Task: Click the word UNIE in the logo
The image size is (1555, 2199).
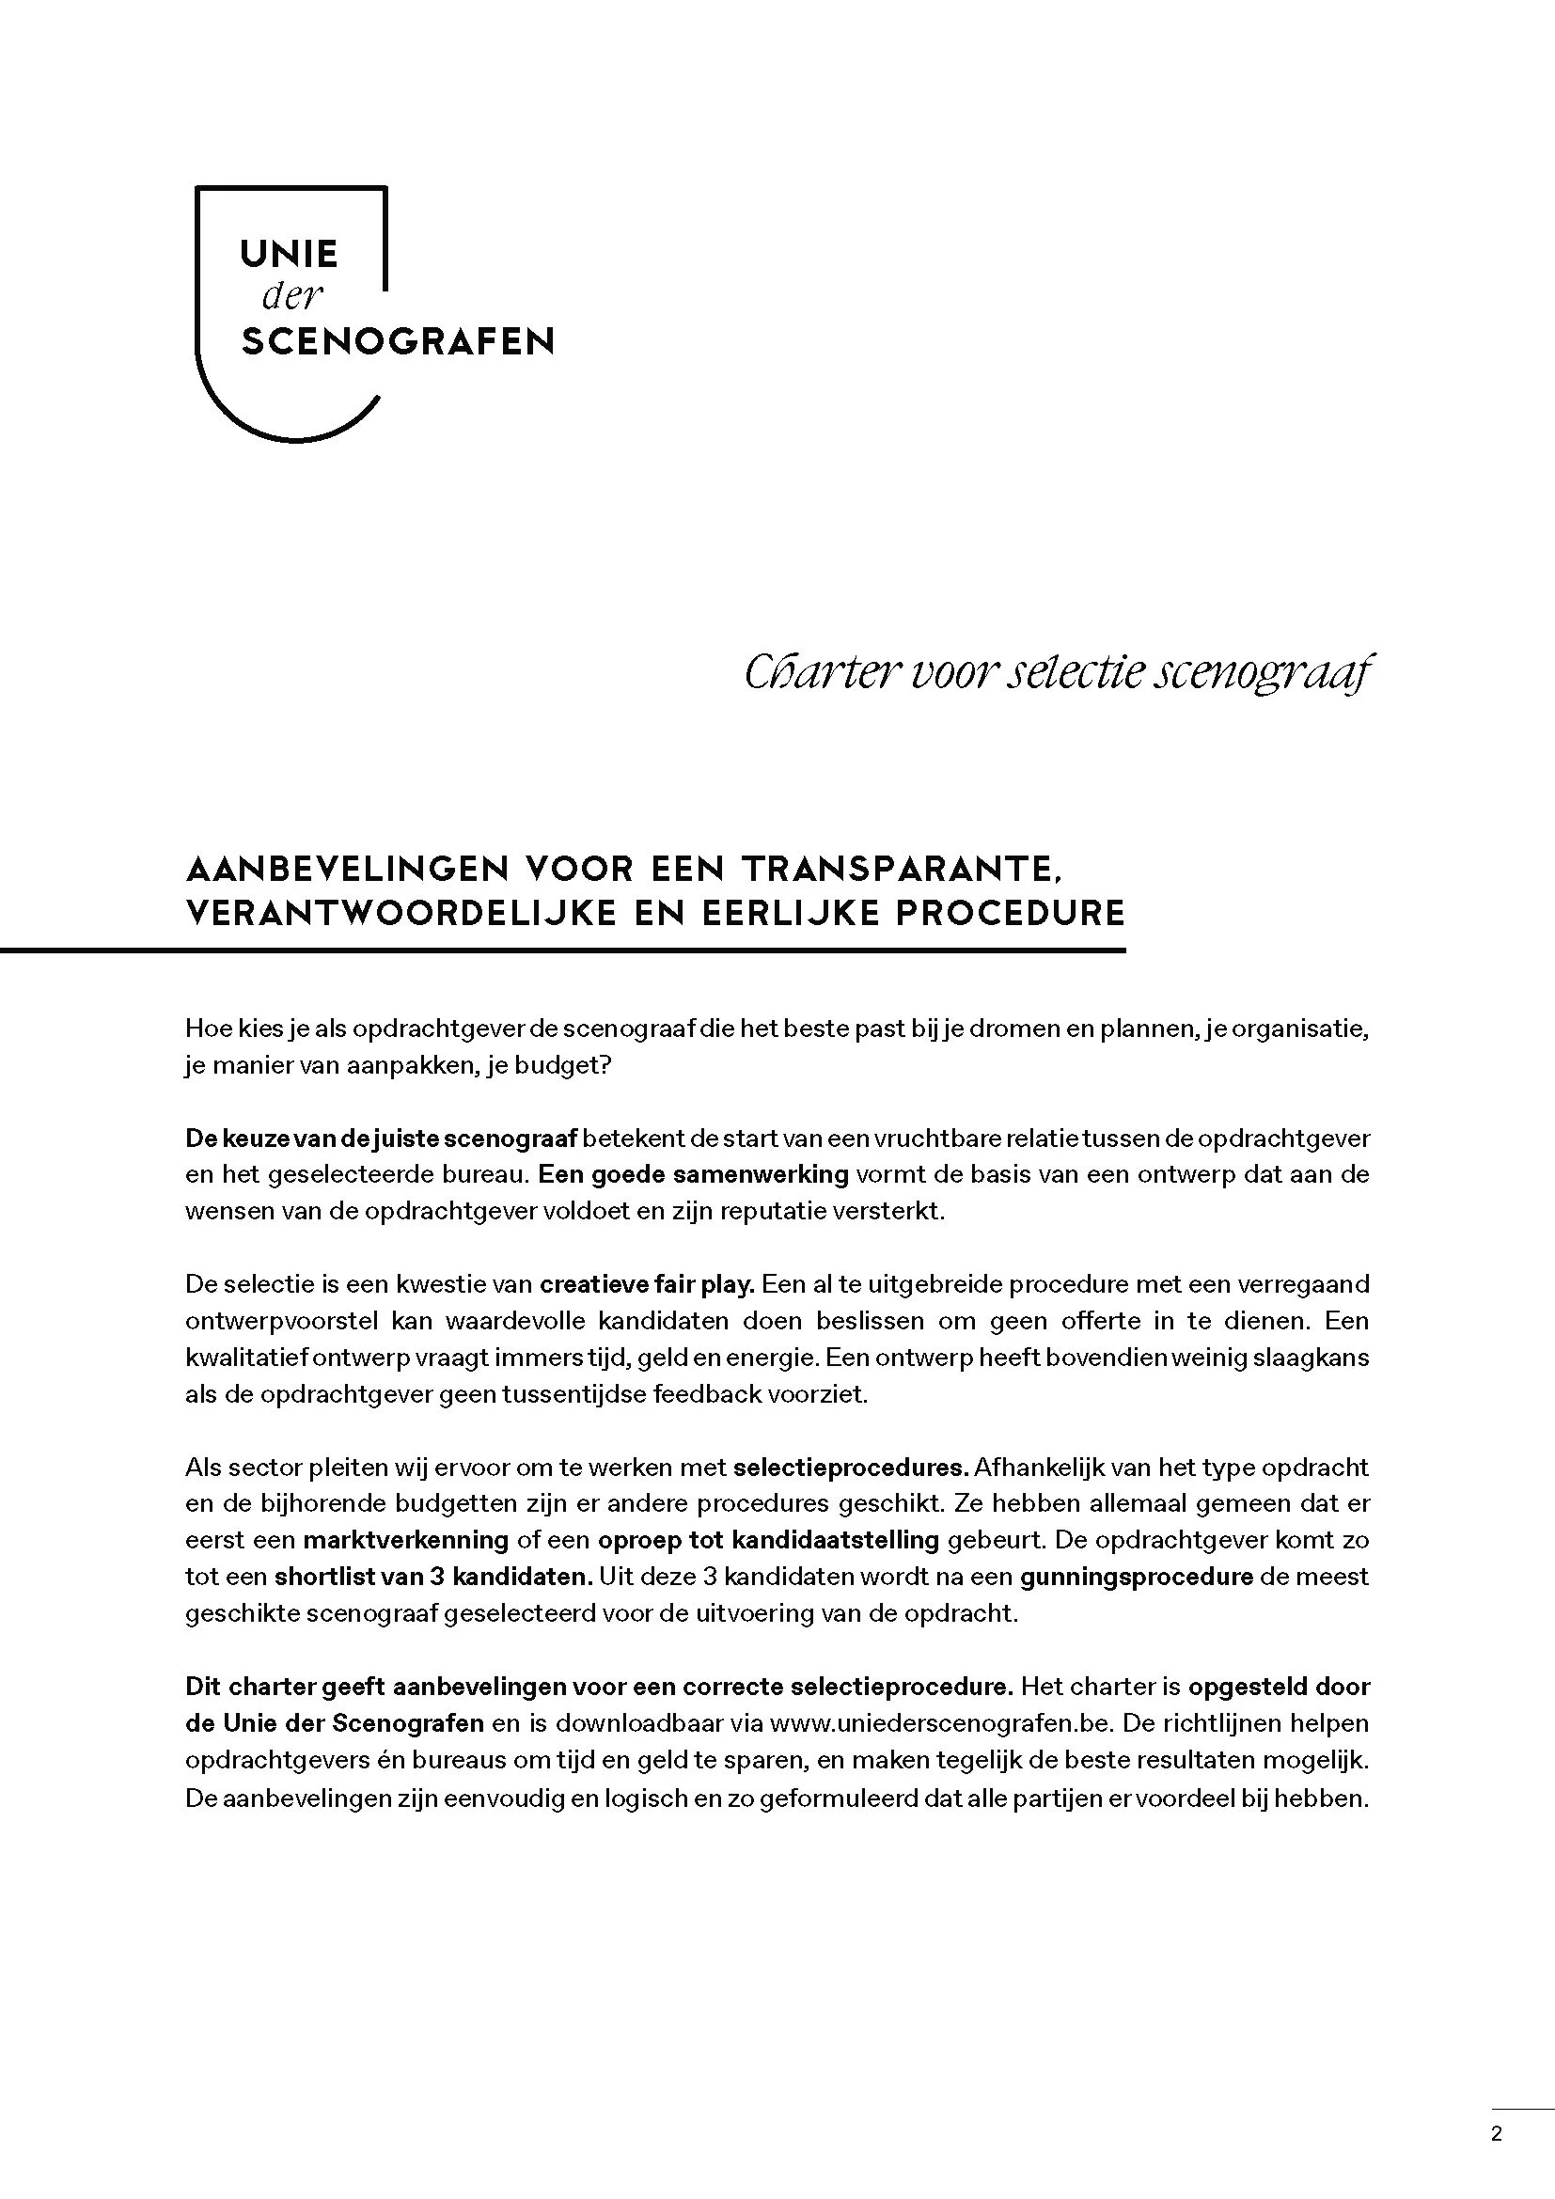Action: [289, 254]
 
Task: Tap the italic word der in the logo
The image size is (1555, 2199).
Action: [293, 298]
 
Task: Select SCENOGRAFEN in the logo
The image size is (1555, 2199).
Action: [398, 342]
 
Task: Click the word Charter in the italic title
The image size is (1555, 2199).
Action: [819, 673]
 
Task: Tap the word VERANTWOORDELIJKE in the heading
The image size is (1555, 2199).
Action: [401, 913]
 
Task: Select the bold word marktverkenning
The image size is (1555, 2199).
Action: [405, 1540]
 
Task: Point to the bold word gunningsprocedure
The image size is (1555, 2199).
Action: [1137, 1577]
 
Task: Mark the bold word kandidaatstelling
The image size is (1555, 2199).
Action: [834, 1540]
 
